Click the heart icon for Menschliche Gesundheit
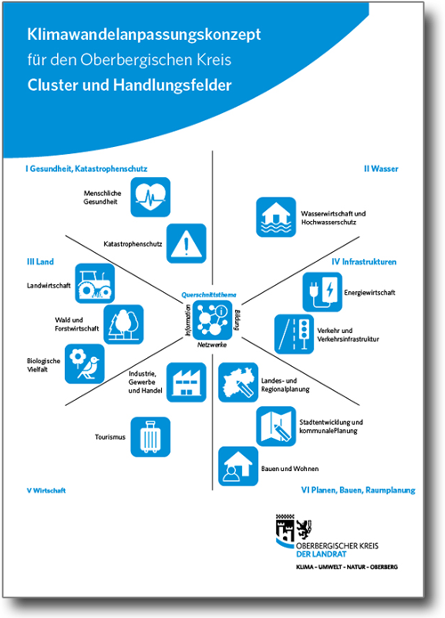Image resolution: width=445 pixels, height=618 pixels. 150,197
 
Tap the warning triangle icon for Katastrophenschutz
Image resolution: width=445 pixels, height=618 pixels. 186,244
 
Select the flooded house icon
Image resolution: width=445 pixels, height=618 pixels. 276,217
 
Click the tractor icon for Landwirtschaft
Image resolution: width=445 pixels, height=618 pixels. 95,283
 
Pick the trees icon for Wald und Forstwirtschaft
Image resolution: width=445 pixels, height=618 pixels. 124,324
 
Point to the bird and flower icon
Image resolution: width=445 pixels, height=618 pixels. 85,364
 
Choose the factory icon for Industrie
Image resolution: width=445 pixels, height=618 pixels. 186,382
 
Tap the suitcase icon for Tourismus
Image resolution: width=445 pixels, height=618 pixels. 150,436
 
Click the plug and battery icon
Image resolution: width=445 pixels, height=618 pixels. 322,292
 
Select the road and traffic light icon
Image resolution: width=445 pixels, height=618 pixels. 295,334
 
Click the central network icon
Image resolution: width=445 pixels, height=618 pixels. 213,321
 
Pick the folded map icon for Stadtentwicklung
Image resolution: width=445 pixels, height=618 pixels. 276,427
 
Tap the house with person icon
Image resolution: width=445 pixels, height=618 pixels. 239,467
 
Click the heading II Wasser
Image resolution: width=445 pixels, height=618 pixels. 381,168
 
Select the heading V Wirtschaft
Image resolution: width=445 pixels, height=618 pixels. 46,491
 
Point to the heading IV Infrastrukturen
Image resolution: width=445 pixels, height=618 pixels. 364,262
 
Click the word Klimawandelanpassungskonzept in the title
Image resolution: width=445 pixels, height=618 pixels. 144,35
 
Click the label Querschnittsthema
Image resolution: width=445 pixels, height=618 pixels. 209,295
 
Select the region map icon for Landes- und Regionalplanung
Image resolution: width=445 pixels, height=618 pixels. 239,382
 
